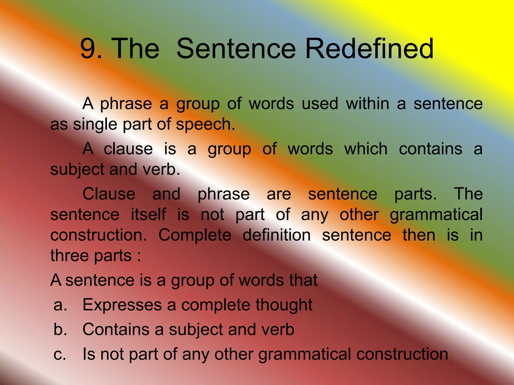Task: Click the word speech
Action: coord(206,124)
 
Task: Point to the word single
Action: coord(95,124)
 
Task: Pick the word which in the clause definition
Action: coord(366,149)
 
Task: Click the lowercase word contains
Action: coord(430,149)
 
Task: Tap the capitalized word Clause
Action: coord(109,194)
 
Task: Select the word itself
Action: coord(148,215)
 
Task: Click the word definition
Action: coord(277,235)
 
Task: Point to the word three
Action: coord(70,255)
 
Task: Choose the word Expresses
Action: coord(122,305)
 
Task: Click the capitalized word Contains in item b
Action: coord(116,329)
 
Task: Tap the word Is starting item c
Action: coord(89,354)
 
